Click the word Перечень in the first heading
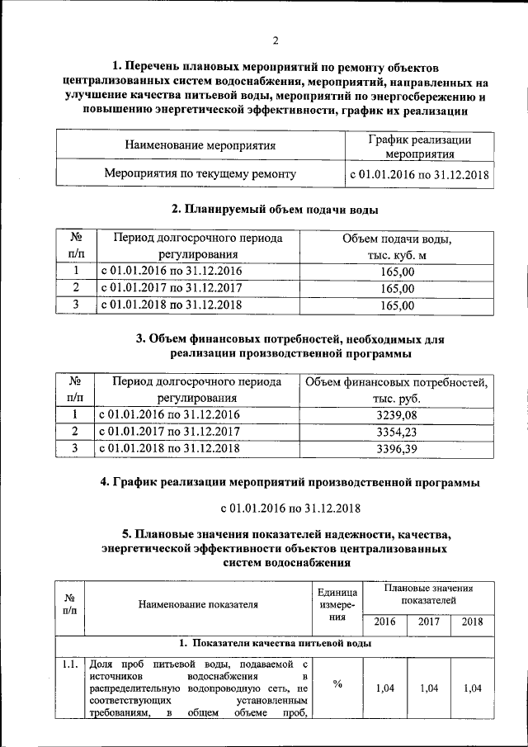click(x=160, y=67)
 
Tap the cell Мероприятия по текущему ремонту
click(x=200, y=174)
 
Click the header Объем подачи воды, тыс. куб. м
click(x=397, y=246)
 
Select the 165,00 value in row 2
click(x=397, y=288)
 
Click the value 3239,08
click(x=397, y=414)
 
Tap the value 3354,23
click(x=397, y=431)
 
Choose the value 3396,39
click(x=397, y=448)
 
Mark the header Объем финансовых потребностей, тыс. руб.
click(x=397, y=389)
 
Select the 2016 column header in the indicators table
click(x=384, y=622)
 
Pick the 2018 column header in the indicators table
click(x=473, y=622)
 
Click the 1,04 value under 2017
click(x=429, y=688)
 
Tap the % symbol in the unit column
click(x=337, y=683)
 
